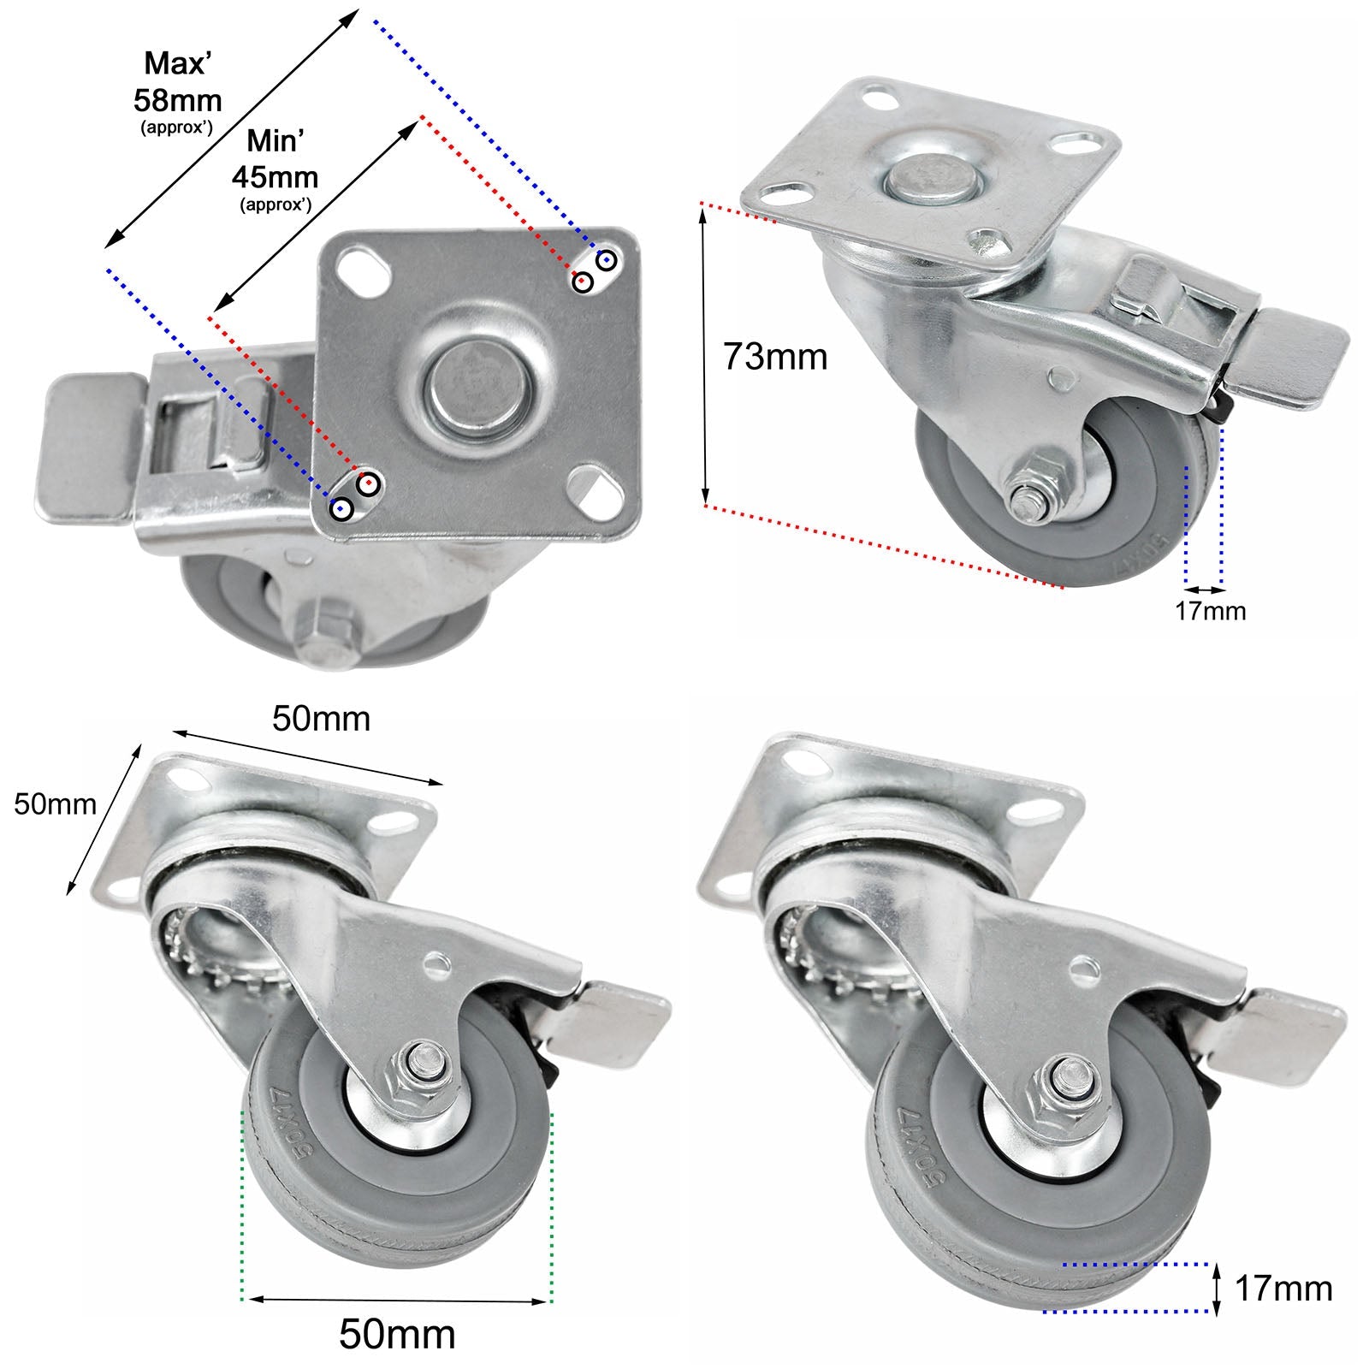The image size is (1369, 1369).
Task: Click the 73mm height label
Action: (775, 357)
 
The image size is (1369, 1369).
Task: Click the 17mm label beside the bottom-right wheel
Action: (1283, 1288)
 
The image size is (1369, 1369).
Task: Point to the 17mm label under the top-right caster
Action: (1210, 611)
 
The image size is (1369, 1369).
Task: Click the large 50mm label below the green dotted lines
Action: (397, 1334)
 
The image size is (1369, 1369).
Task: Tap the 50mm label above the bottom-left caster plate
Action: (321, 719)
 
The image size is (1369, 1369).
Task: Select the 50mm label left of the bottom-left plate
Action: (55, 803)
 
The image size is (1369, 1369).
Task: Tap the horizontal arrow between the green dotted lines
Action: (397, 1301)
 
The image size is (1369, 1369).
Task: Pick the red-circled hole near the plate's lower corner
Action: (369, 485)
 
